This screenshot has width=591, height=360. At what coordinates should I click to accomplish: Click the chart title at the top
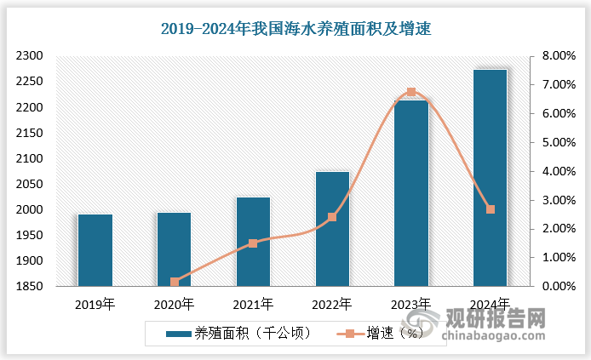point(295,29)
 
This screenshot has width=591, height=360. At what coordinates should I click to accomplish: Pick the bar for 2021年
point(253,242)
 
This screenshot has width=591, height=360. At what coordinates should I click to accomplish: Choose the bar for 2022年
point(332,229)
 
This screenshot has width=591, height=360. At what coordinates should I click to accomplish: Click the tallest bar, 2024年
point(490,178)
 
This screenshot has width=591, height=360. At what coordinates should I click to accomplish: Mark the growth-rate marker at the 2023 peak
point(411,92)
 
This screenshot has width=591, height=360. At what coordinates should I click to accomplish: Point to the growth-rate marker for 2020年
point(175,282)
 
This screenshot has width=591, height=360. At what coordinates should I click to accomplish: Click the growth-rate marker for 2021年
point(253,243)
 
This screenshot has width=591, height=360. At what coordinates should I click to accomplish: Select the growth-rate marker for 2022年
point(332,217)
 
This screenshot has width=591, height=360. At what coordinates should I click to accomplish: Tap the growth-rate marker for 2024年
point(491,209)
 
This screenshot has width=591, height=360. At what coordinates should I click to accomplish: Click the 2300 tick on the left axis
point(29,56)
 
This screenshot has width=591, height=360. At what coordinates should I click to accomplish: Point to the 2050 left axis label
point(29,185)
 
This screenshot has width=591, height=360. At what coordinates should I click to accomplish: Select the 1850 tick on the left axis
point(29,287)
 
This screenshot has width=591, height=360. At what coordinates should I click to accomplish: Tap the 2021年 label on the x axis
point(253,303)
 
